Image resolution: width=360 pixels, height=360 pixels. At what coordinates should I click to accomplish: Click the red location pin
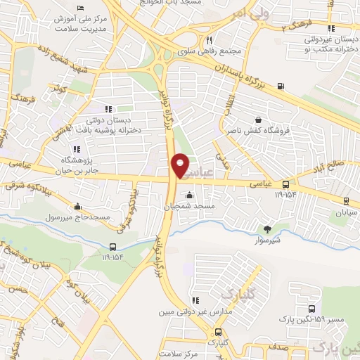click(180, 165)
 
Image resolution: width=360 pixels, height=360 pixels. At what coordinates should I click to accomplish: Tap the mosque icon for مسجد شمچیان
click(189, 195)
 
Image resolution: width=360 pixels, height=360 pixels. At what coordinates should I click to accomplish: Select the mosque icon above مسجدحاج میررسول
click(77, 207)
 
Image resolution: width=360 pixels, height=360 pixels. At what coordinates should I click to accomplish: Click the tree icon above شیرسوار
click(267, 228)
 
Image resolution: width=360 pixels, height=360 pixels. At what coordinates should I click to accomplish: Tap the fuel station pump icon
click(281, 86)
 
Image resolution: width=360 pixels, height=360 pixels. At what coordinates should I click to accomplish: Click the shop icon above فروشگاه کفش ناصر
click(259, 120)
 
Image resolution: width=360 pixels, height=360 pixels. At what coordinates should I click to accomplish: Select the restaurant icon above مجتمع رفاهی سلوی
click(209, 40)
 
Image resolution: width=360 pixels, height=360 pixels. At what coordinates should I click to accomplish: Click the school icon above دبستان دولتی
click(108, 109)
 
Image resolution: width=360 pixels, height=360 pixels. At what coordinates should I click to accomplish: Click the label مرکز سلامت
click(180, 354)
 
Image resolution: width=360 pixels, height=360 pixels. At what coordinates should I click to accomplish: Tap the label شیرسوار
click(267, 239)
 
